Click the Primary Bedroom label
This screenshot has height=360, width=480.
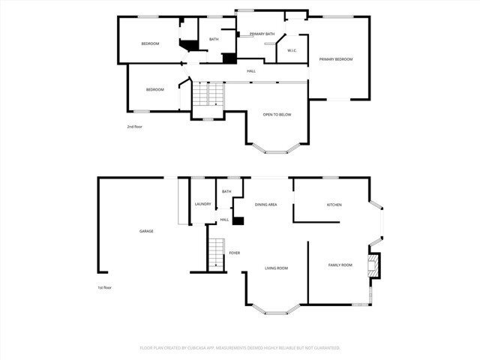point(335,58)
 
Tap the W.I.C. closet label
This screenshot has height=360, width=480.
point(292,51)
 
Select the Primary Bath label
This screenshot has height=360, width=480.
point(262,34)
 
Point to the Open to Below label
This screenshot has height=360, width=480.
point(277,114)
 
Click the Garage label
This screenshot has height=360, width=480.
point(146,231)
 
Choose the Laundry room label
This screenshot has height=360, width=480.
point(202,204)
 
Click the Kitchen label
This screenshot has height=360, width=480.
point(334,204)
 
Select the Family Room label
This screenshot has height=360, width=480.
point(340,265)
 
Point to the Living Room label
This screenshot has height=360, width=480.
point(276,268)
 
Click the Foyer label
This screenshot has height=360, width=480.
point(235,253)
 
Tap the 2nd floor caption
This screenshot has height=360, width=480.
point(134,127)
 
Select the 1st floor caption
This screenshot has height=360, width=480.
point(104,288)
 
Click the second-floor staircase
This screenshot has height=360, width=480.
point(208,93)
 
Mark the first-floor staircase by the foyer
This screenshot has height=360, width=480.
point(216,253)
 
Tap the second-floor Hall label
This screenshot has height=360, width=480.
point(251,71)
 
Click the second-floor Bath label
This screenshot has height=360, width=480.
point(214,39)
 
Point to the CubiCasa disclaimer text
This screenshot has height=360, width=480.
point(240,348)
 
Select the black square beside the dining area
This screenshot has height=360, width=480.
point(238,220)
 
